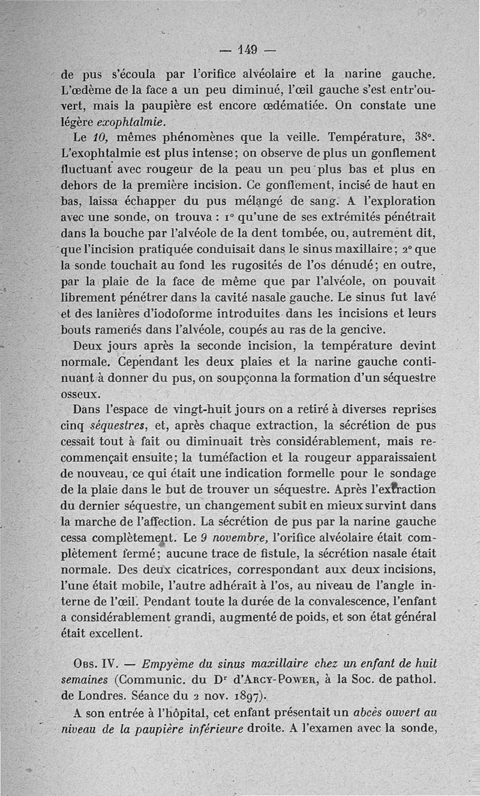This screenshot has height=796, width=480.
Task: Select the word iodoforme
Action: click(205, 314)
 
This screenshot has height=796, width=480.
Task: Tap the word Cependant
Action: click(146, 362)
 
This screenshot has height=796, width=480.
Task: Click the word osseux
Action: click(82, 394)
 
